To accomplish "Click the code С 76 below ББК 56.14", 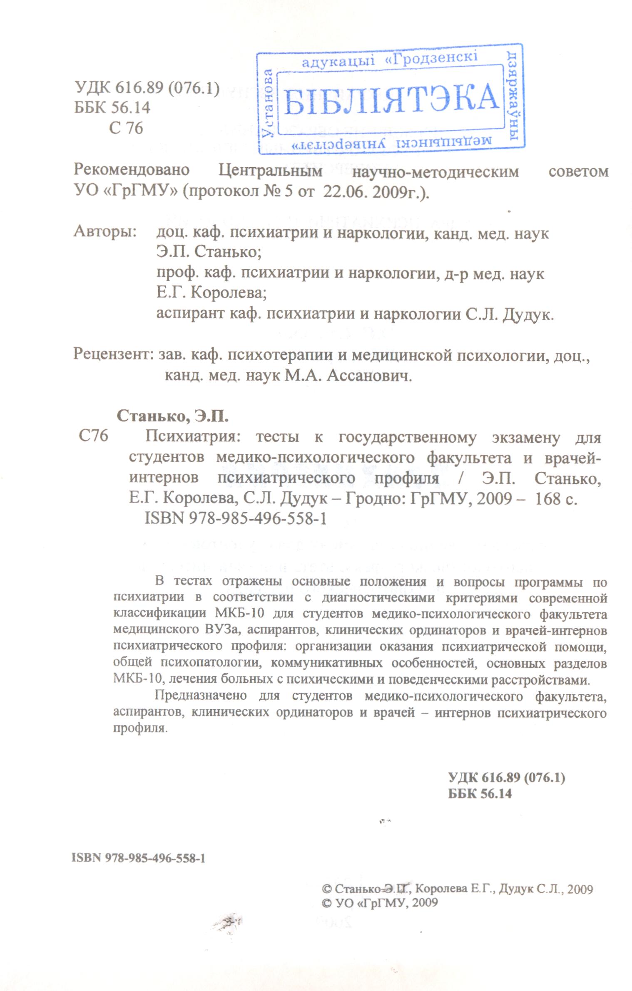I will click(126, 128).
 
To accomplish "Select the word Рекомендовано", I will click(132, 171).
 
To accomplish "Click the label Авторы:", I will click(105, 232).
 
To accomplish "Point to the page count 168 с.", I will click(556, 499).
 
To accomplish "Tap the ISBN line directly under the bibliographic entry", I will click(235, 519).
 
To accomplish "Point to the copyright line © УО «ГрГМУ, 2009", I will click(380, 914).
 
